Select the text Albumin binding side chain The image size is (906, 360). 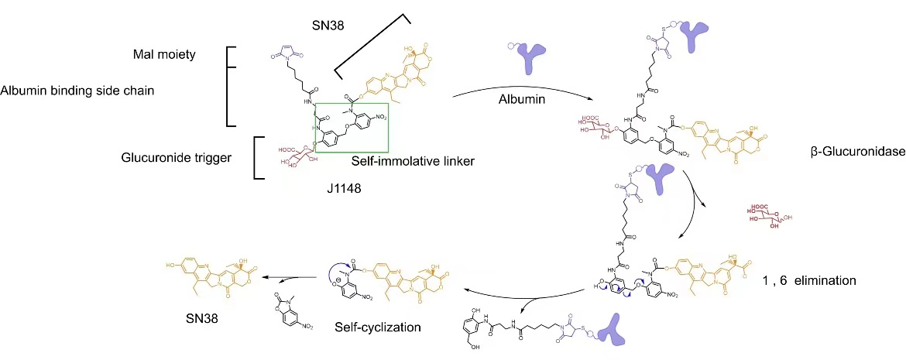(77, 91)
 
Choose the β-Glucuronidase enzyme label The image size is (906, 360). (855, 153)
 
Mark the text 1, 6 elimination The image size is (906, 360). (809, 280)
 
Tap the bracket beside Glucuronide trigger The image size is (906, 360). (259, 157)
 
